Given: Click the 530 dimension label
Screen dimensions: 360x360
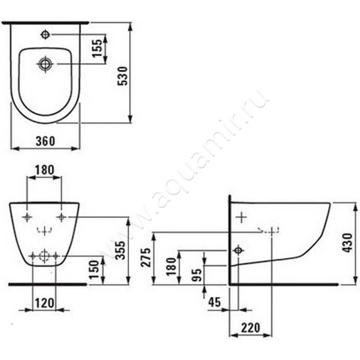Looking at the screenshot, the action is coord(122,76).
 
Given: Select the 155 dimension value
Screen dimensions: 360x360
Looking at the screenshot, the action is coord(97,48).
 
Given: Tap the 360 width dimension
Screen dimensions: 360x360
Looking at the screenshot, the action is coord(45,141).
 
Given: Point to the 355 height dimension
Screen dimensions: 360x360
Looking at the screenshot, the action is coord(120,250).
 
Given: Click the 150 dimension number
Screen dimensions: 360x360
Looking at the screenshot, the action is coord(94,270).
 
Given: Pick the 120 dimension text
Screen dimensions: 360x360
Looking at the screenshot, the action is coord(45,303).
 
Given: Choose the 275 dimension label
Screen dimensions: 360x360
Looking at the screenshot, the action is coord(146,257).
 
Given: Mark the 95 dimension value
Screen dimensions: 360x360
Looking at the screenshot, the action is coord(197,275).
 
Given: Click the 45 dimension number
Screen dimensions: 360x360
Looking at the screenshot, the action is coord(215,302).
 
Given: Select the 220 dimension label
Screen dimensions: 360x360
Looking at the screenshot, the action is coord(250,328).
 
